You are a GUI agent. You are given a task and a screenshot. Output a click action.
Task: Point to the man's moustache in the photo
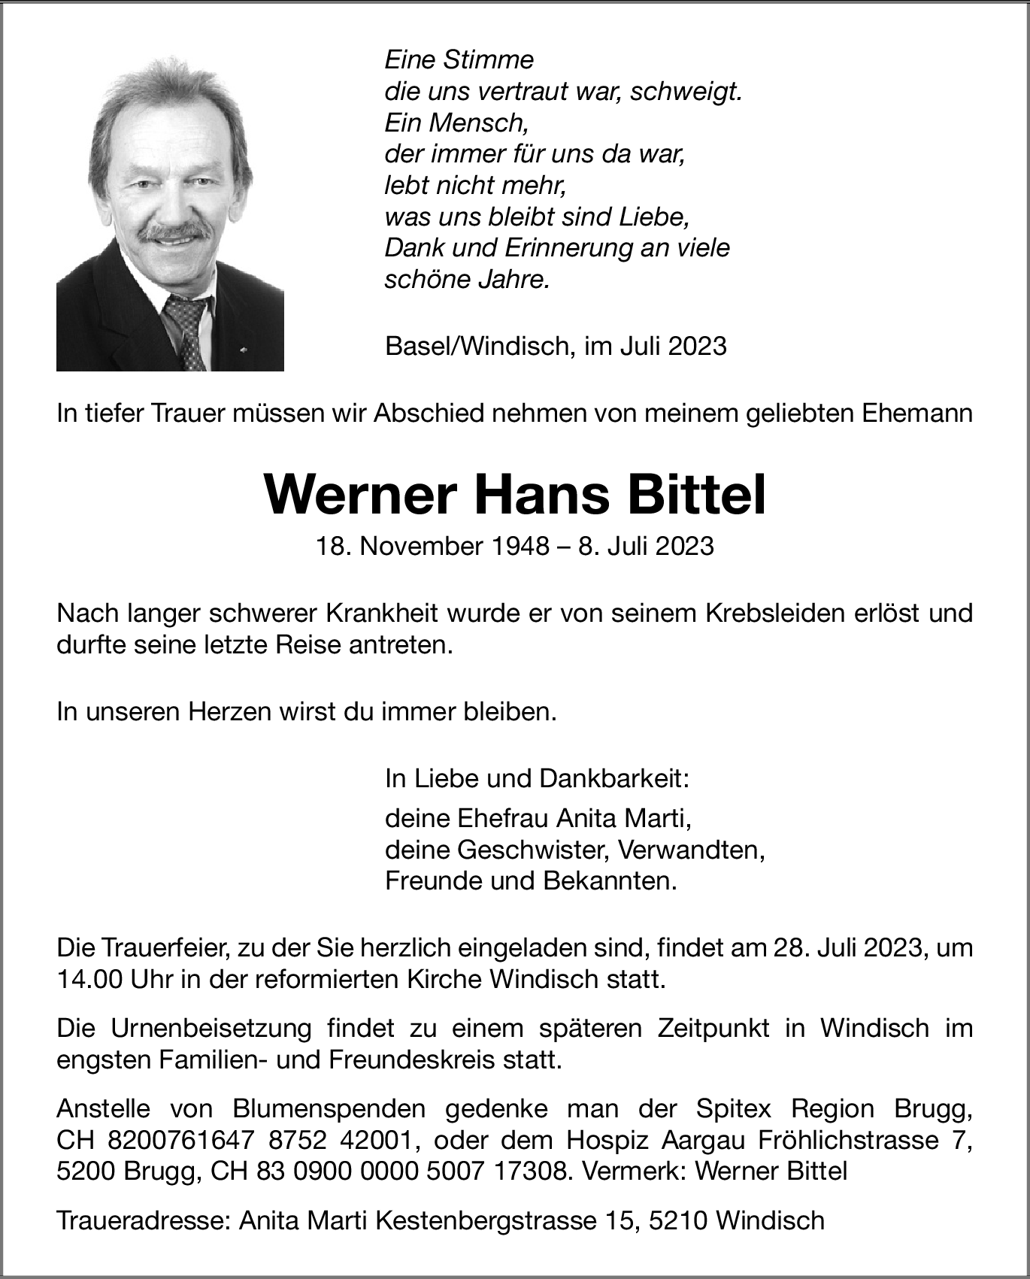pos(174,232)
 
